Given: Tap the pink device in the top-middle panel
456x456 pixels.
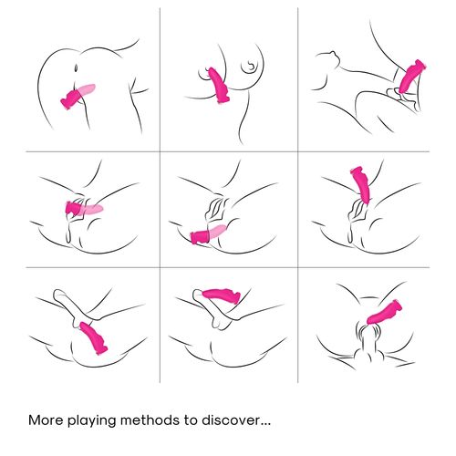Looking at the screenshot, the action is pyautogui.click(x=217, y=86).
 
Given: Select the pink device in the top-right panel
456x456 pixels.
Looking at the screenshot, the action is pyautogui.click(x=411, y=77).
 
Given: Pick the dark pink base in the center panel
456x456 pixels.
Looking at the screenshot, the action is pyautogui.click(x=200, y=236).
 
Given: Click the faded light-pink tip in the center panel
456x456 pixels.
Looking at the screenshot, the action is pyautogui.click(x=218, y=231).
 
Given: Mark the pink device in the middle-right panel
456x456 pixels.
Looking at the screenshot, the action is pyautogui.click(x=361, y=185).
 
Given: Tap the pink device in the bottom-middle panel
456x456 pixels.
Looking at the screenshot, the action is pyautogui.click(x=221, y=295).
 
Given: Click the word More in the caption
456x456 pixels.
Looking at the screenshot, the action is pyautogui.click(x=47, y=420).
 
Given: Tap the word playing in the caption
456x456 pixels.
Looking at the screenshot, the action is pyautogui.click(x=92, y=421).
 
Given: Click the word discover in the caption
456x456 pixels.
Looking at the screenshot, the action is pyautogui.click(x=229, y=420).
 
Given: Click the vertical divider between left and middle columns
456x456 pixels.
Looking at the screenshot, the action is pyautogui.click(x=160, y=195).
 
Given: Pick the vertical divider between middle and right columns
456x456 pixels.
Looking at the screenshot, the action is pyautogui.click(x=298, y=195).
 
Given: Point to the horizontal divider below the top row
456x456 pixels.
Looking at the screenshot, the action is pyautogui.click(x=228, y=151).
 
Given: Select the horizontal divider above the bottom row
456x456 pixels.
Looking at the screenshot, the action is pyautogui.click(x=228, y=267).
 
